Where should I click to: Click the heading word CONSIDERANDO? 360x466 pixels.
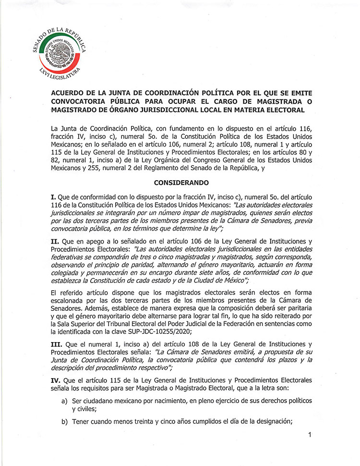[x=180, y=183]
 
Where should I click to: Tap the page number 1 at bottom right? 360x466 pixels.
[x=311, y=435]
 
